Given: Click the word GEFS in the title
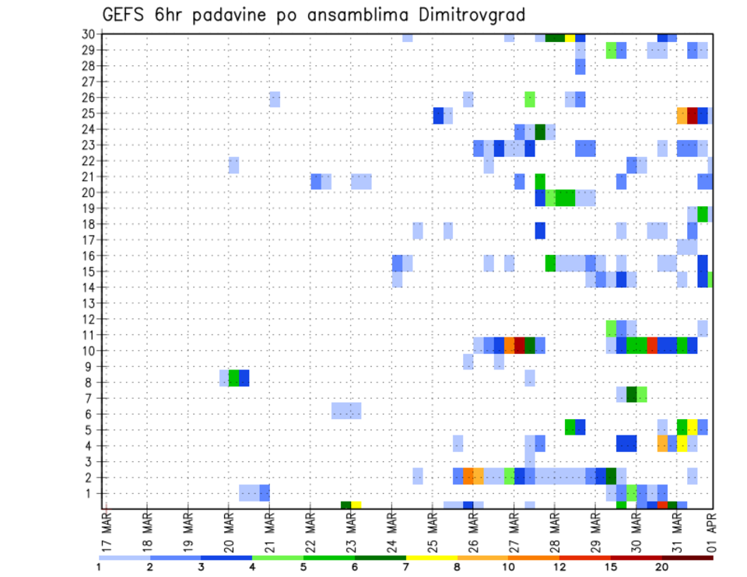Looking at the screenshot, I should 124,15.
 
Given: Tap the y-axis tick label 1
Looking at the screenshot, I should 91,493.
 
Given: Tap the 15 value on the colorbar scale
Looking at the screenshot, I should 611,567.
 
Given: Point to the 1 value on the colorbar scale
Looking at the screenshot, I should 99,567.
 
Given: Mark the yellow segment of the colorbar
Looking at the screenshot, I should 431,558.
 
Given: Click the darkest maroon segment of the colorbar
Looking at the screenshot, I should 687,558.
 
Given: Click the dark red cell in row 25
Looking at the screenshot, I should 693,114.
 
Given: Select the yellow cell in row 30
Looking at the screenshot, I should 570,37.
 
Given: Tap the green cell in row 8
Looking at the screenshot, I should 233,378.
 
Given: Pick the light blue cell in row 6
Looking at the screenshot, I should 345,410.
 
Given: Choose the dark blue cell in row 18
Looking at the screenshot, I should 539,230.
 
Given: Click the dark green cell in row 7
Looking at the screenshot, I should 631,393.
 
